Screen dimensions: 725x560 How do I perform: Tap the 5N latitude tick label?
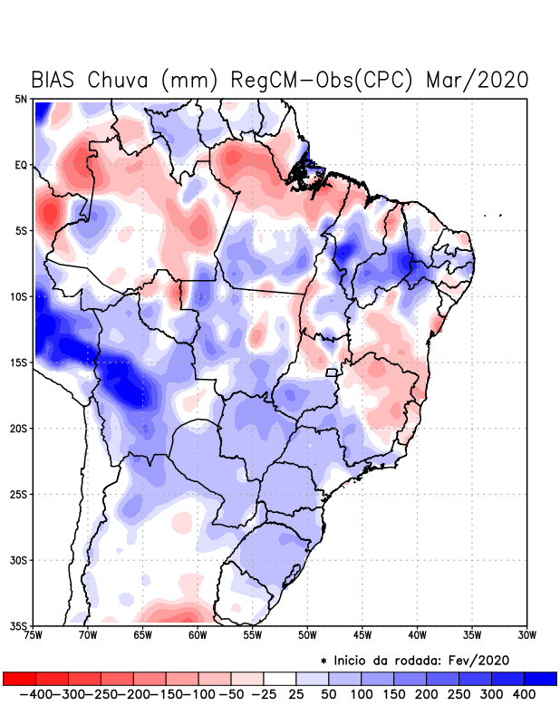tap(21, 99)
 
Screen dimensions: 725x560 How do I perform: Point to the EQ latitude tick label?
tap(21, 165)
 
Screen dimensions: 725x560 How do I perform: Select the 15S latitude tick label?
tap(19, 362)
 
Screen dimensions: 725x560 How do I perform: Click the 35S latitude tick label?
tap(19, 625)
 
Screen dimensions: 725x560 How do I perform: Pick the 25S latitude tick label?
tap(19, 494)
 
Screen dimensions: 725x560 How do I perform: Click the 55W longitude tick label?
tap(251, 634)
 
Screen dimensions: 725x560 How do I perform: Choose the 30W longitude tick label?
tap(526, 634)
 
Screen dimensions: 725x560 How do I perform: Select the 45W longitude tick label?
tap(362, 634)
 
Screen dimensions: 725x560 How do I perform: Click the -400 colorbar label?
tap(35, 694)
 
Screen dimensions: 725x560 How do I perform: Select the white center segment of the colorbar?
tap(280, 678)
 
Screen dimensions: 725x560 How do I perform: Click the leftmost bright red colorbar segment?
tap(19, 678)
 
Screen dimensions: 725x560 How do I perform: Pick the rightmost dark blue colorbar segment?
tap(541, 678)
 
